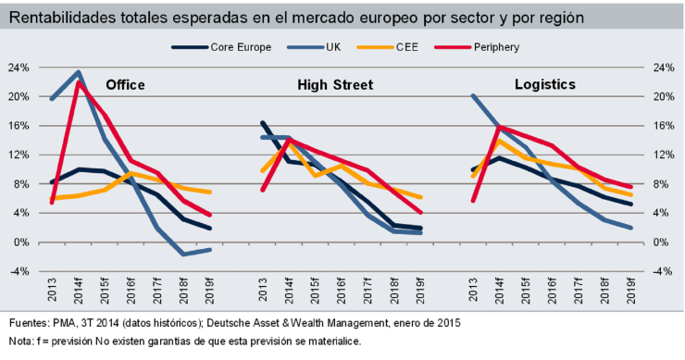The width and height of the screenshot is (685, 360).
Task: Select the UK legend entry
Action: [331, 46]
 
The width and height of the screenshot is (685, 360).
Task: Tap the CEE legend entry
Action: [405, 46]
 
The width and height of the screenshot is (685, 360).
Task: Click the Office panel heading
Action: [125, 84]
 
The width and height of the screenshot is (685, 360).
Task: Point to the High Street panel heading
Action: [335, 84]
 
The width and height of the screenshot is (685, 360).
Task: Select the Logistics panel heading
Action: [545, 84]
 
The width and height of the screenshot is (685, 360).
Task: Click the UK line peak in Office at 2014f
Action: [79, 72]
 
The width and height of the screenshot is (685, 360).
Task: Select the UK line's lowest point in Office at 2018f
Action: [184, 254]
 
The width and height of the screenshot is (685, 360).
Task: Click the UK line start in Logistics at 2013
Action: [474, 95]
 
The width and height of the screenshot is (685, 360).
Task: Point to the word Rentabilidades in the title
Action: [60, 17]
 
